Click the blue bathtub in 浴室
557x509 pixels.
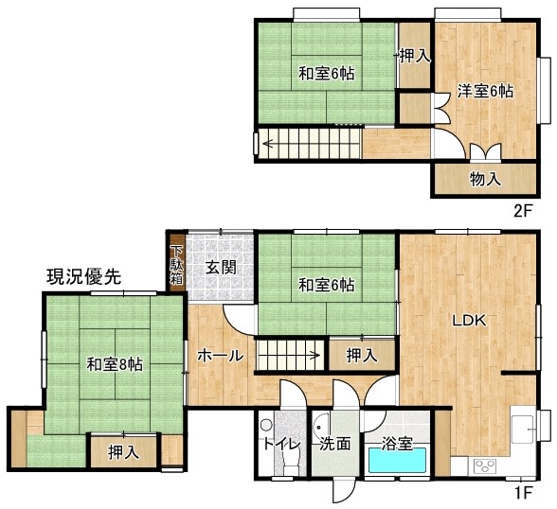point(397,460)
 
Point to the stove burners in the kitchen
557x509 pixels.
point(485,465)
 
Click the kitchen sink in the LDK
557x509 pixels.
point(522,429)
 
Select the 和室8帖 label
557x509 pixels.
point(115,364)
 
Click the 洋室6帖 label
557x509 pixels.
point(485,92)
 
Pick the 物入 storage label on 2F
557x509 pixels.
point(485,179)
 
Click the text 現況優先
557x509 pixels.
point(83,276)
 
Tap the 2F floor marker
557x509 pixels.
point(524,211)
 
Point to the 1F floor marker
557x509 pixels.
point(524,492)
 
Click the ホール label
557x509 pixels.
point(221,355)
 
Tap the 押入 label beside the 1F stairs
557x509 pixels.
point(362,355)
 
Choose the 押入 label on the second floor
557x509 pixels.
point(415,56)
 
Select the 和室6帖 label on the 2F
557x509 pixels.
point(326,74)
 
